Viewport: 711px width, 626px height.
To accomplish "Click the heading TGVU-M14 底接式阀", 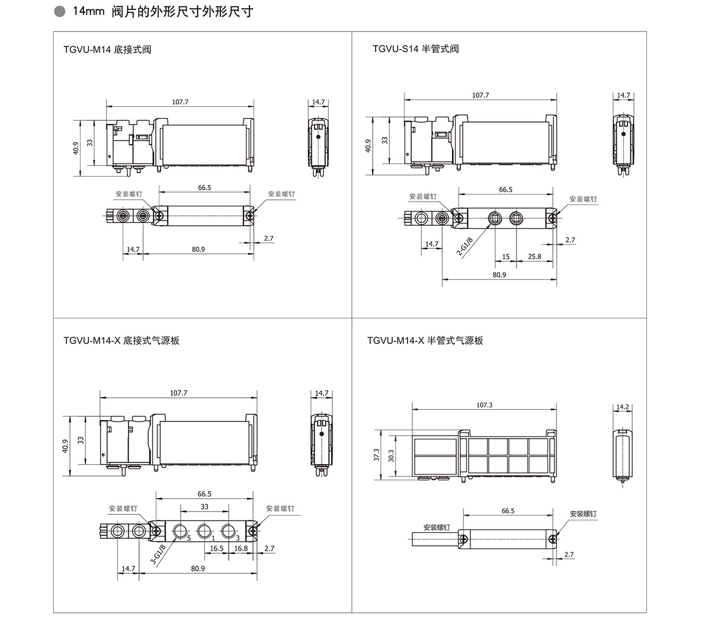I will (x=107, y=49).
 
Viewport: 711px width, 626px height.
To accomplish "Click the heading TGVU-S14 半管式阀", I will (x=415, y=49).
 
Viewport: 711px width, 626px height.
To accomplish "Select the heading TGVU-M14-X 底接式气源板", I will (x=121, y=340).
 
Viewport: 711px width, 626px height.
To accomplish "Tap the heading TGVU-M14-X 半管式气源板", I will (x=425, y=340).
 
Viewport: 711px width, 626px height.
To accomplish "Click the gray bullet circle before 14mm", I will (x=58, y=12).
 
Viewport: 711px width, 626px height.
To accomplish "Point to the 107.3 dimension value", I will (x=484, y=405).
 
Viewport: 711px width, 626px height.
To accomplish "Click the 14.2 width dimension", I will (x=623, y=407).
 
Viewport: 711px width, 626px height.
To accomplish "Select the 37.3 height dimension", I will (x=376, y=455).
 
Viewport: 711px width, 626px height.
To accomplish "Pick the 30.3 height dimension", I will (x=391, y=455).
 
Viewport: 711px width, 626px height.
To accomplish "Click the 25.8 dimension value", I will (x=534, y=257).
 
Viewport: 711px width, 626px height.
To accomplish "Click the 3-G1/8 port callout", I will (x=158, y=555).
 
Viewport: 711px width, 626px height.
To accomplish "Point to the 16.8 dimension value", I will (x=241, y=548).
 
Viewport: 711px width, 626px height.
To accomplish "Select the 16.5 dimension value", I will (x=217, y=548).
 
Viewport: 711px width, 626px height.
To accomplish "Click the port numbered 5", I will (x=188, y=538).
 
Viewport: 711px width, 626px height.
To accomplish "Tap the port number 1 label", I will (x=213, y=538).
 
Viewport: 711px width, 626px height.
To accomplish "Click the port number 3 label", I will (x=238, y=538).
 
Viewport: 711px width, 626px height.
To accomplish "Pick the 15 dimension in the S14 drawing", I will (x=505, y=257).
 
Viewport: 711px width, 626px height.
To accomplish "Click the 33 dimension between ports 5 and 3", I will (x=204, y=507).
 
